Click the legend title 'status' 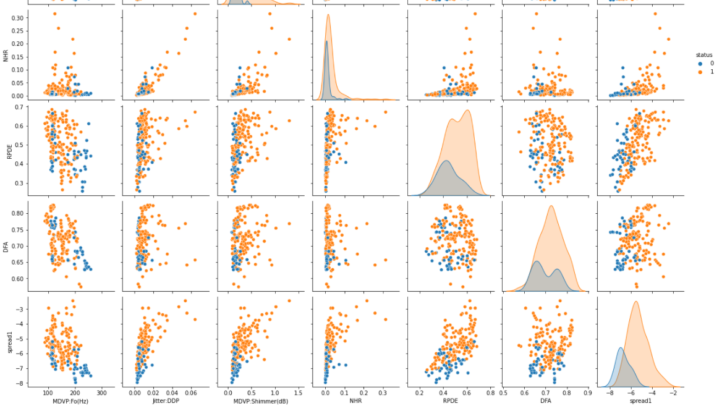pyautogui.click(x=703, y=55)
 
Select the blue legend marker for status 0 pyautogui.click(x=700, y=63)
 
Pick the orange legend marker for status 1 pyautogui.click(x=700, y=72)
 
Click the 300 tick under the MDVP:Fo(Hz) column pyautogui.click(x=102, y=392)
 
